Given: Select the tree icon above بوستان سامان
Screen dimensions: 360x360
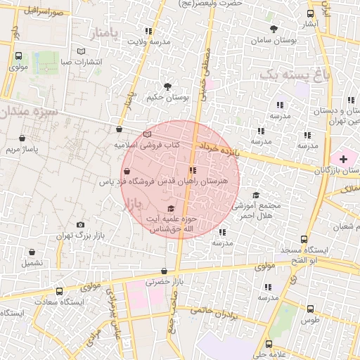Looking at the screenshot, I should pos(274,29).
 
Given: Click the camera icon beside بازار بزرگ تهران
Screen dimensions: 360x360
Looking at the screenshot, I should pos(79,224).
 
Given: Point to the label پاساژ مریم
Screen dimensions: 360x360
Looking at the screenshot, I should pos(21,150).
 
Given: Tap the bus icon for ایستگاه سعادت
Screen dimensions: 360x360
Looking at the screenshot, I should pos(60,290).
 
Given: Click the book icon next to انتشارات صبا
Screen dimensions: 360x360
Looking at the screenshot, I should pos(82,51).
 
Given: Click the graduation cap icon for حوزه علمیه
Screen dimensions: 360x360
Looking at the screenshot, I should pos(171,208).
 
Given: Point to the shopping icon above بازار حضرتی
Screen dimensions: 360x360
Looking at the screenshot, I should pos(164,271).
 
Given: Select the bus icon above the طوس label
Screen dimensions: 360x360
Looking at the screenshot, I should pos(310,308).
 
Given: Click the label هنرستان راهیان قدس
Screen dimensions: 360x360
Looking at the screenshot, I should pos(195,181).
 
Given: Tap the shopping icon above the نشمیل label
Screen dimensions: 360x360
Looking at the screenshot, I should pos(31,252).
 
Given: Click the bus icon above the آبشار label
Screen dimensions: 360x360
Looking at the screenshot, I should pos(311,13).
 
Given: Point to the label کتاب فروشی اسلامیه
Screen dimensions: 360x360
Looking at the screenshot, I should pos(148,145).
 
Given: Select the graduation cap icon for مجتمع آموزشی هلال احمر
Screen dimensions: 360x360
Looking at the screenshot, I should pos(256,195).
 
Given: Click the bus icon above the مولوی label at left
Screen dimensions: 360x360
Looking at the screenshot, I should pos(18,56).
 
